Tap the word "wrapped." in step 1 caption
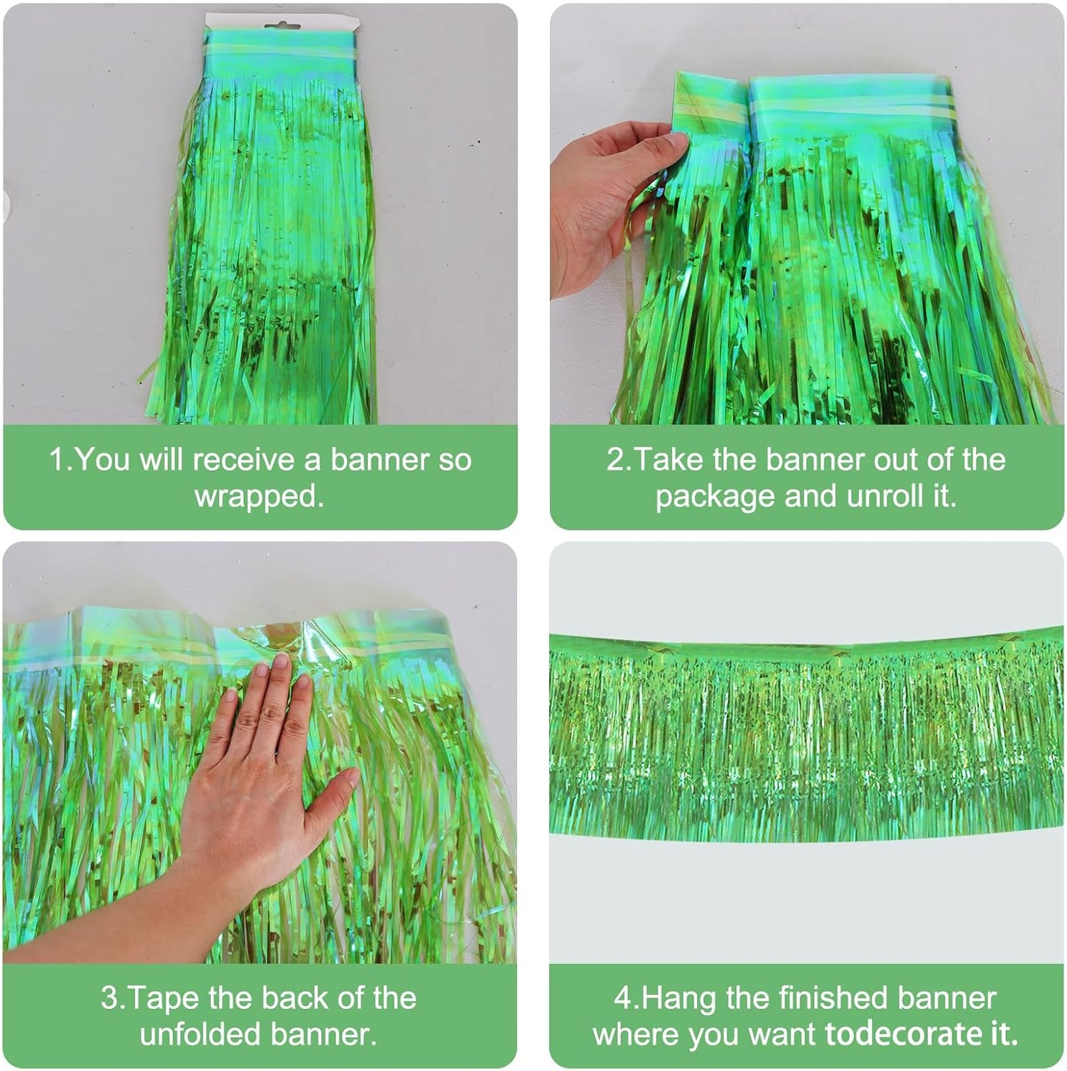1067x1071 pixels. (259, 496)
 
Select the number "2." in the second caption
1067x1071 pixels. (619, 460)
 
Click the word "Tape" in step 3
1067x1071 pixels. (166, 998)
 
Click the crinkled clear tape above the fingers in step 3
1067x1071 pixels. (295, 635)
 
